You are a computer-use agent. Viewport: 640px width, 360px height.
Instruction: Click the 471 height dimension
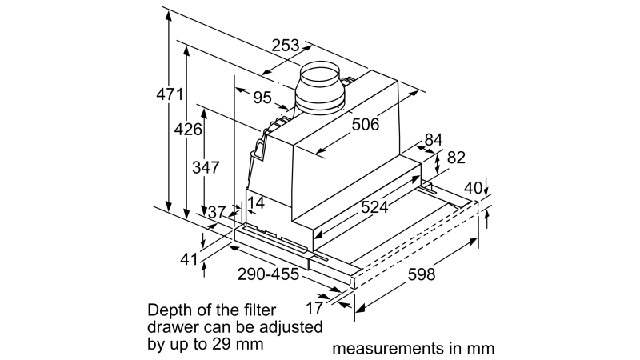[x=170, y=94]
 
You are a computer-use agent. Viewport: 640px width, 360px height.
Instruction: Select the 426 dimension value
[x=188, y=130]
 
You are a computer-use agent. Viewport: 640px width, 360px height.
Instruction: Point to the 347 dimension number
[x=206, y=167]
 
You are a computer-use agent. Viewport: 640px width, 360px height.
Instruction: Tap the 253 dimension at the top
[x=286, y=45]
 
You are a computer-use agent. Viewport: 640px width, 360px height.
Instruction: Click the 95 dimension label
[x=262, y=98]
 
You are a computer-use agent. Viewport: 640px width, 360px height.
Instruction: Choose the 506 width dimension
[x=366, y=124]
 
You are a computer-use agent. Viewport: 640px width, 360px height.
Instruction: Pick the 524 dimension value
[x=374, y=207]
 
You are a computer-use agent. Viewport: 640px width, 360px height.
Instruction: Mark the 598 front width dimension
[x=422, y=274]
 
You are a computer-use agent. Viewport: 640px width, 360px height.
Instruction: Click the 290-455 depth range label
[x=268, y=274]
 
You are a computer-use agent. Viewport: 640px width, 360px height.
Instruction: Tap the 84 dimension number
[x=434, y=139]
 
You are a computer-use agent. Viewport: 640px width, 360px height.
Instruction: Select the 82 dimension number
[x=456, y=158]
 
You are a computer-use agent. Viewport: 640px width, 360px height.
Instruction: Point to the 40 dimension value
[x=473, y=188]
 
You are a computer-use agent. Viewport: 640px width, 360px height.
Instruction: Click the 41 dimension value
[x=189, y=258]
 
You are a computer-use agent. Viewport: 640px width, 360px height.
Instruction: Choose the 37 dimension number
[x=217, y=212]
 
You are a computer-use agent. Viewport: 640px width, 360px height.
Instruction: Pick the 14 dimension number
[x=256, y=203]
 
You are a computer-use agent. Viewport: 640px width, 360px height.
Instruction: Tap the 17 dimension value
[x=314, y=308]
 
